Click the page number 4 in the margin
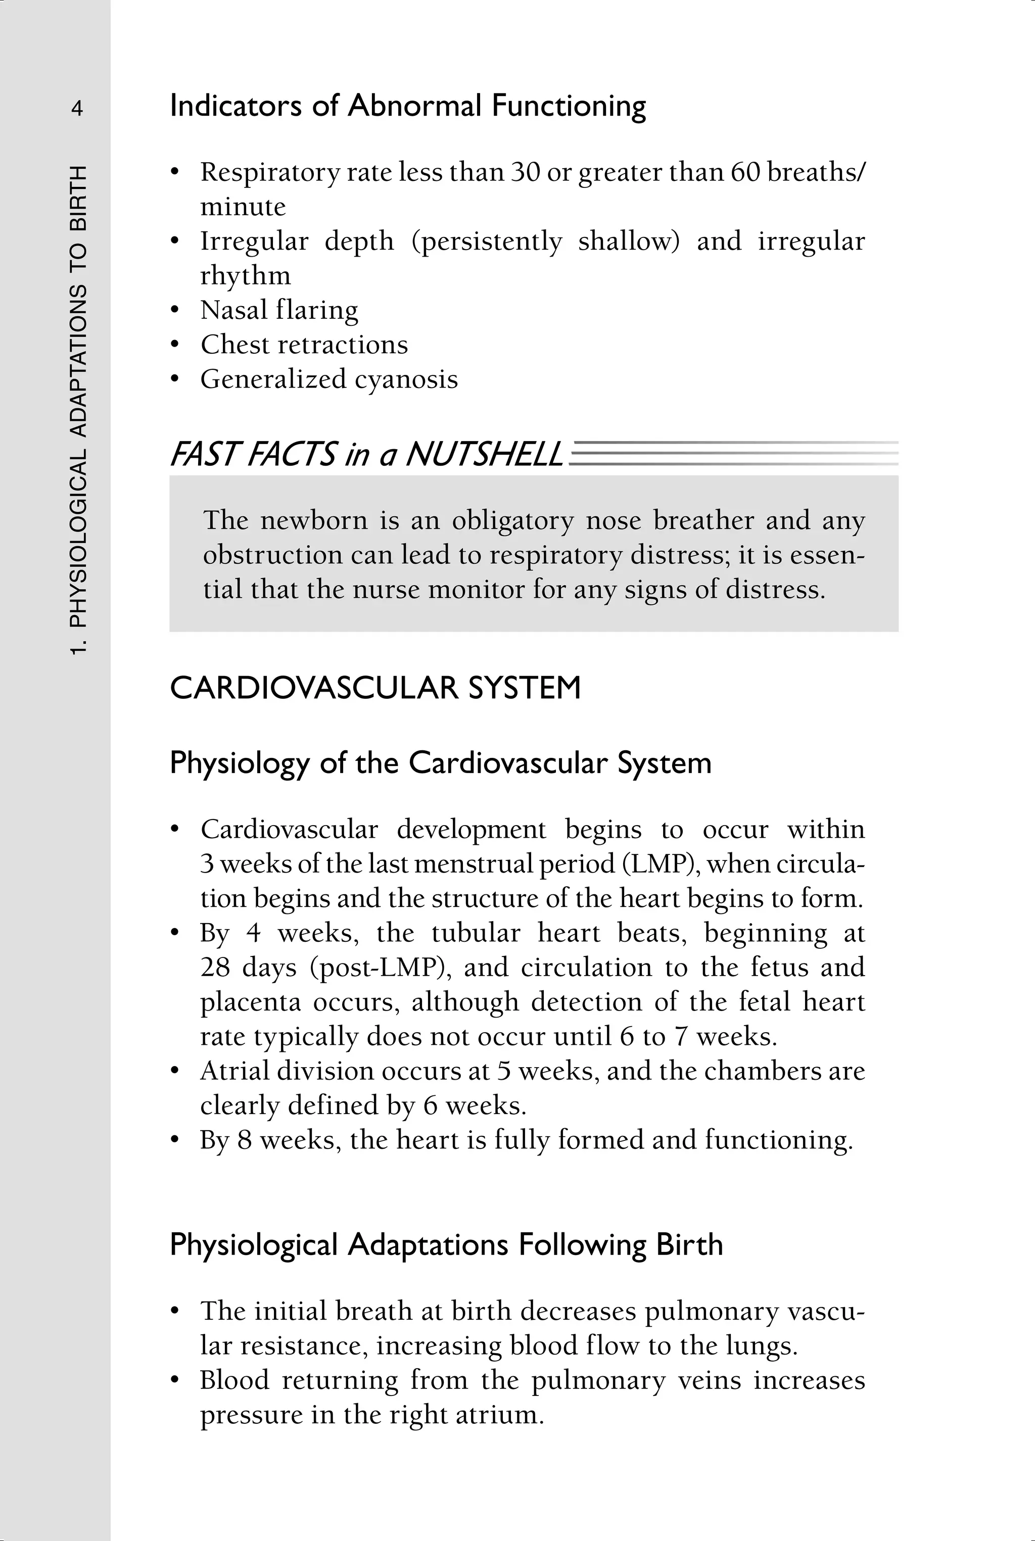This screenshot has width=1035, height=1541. click(77, 108)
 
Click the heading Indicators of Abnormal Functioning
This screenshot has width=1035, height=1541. click(407, 106)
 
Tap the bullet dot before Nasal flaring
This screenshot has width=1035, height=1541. click(175, 310)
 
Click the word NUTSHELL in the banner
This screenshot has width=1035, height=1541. click(484, 455)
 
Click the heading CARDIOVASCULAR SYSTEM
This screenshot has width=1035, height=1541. click(375, 688)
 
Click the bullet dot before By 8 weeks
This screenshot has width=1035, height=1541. click(175, 1140)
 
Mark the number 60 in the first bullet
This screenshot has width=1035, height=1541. click(745, 172)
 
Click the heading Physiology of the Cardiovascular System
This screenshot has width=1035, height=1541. click(440, 763)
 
